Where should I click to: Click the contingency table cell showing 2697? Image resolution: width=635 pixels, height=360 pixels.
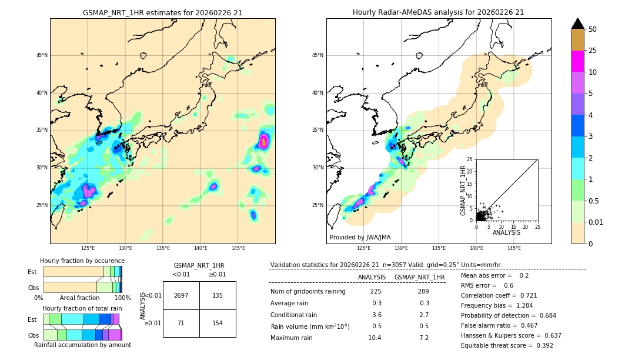pyautogui.click(x=181, y=295)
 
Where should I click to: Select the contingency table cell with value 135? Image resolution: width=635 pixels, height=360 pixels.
pyautogui.click(x=218, y=295)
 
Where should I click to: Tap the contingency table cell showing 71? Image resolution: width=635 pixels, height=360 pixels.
pyautogui.click(x=181, y=324)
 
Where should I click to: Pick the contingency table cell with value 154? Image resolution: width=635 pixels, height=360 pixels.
pyautogui.click(x=218, y=324)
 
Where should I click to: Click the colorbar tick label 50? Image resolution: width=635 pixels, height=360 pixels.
pyautogui.click(x=593, y=29)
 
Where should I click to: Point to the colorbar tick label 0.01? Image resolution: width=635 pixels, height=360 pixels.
pyautogui.click(x=596, y=222)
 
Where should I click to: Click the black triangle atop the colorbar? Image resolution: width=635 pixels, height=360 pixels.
pyautogui.click(x=578, y=24)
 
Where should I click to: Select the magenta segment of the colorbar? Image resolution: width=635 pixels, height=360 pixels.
pyautogui.click(x=578, y=61)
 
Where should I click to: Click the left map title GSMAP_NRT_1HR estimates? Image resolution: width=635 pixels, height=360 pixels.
pyautogui.click(x=162, y=12)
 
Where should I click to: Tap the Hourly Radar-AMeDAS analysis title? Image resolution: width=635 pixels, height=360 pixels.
pyautogui.click(x=439, y=12)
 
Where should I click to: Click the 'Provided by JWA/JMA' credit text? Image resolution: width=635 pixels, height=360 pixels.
pyautogui.click(x=360, y=237)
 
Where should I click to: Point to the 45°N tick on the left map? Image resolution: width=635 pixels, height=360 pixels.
pyautogui.click(x=42, y=55)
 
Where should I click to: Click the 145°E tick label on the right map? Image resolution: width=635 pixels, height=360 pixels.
pyautogui.click(x=514, y=248)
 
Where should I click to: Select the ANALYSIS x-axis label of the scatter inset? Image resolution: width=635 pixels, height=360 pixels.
pyautogui.click(x=506, y=232)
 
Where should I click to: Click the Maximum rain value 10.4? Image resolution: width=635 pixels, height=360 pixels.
pyautogui.click(x=375, y=338)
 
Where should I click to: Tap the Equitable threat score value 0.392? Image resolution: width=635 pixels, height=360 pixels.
pyautogui.click(x=541, y=345)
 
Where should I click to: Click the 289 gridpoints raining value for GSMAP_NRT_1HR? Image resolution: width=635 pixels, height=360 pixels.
pyautogui.click(x=423, y=291)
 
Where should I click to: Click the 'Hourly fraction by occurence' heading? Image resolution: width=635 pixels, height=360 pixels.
pyautogui.click(x=82, y=261)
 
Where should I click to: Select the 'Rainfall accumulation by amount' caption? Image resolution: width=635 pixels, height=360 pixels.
pyautogui.click(x=82, y=345)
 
